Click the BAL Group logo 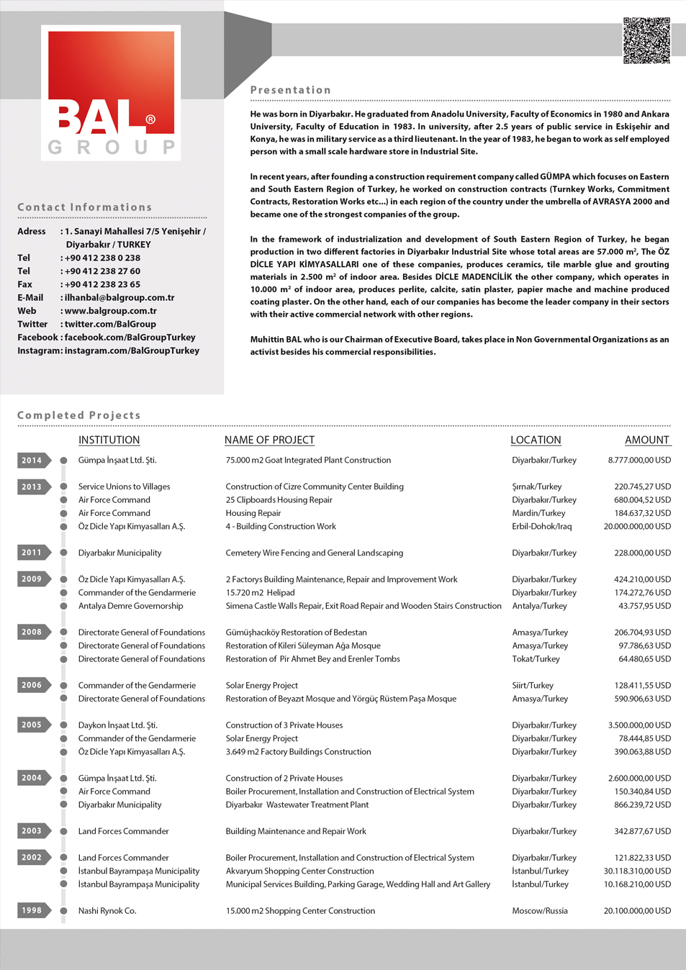111,93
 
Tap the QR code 646,41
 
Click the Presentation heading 291,90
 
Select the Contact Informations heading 85,207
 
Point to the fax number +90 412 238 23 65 102,284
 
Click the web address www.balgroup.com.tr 111,311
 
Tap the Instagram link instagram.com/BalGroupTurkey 132,350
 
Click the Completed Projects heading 79,415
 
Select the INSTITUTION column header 109,440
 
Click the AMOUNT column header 646,440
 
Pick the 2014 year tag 32,461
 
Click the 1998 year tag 32,910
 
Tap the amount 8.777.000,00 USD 639,461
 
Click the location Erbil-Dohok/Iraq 541,527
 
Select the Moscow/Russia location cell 540,911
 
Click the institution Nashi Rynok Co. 107,911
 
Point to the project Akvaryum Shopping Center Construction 299,871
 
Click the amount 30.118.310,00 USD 637,871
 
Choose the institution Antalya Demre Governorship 130,606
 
